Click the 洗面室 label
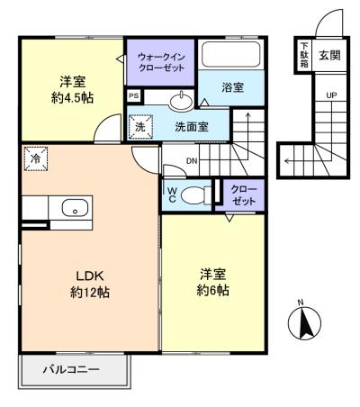[x=191, y=126]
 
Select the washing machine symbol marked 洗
[x=140, y=127]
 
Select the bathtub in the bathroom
[x=230, y=55]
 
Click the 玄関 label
[x=329, y=55]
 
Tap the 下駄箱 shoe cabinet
[x=303, y=55]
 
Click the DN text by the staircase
[x=192, y=161]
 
